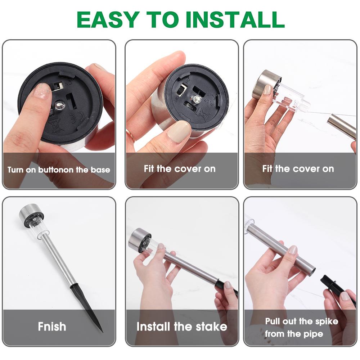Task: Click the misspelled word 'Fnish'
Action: tap(52, 326)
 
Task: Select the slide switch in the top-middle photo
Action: tap(183, 91)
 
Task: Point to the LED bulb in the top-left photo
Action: tap(60, 105)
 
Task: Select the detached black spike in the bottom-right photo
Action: tap(338, 289)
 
